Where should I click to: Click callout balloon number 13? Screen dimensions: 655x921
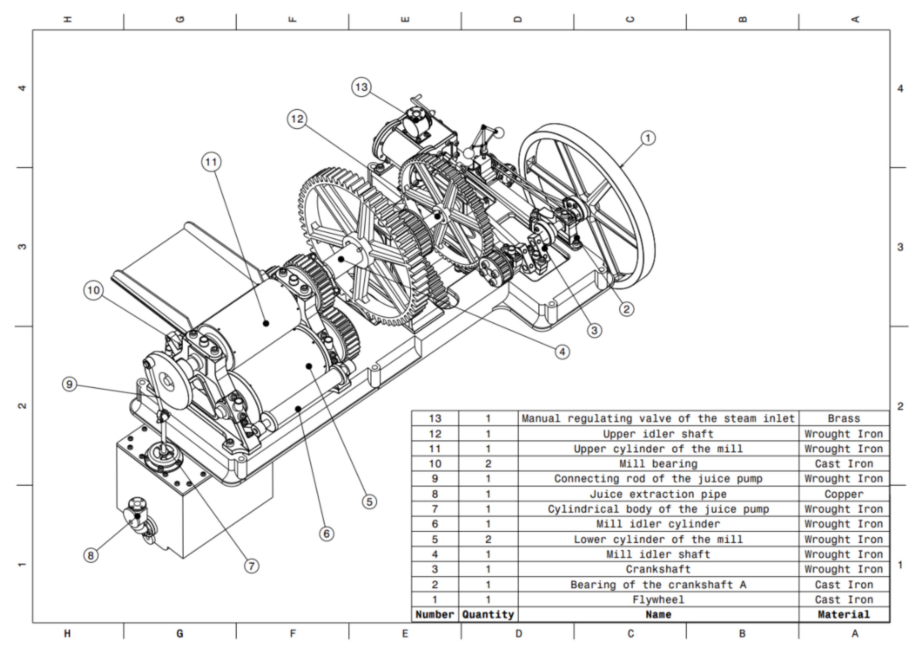361,87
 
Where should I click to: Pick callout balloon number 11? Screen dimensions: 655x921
211,162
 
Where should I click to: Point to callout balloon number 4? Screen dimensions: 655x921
562,352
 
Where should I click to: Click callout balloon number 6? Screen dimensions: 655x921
327,534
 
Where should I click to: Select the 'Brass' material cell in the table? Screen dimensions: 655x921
844,419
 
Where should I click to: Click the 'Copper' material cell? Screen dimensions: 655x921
844,494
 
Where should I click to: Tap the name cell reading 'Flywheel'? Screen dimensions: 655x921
658,600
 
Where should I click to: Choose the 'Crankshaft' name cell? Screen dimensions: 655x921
658,569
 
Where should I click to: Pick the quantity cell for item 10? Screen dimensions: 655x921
488,464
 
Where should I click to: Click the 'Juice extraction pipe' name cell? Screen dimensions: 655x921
658,494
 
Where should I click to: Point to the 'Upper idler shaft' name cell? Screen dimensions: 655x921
658,434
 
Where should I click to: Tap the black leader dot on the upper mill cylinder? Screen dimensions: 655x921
265,323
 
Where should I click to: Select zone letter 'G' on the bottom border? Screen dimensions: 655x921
180,634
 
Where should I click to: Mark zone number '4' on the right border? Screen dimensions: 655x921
900,88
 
